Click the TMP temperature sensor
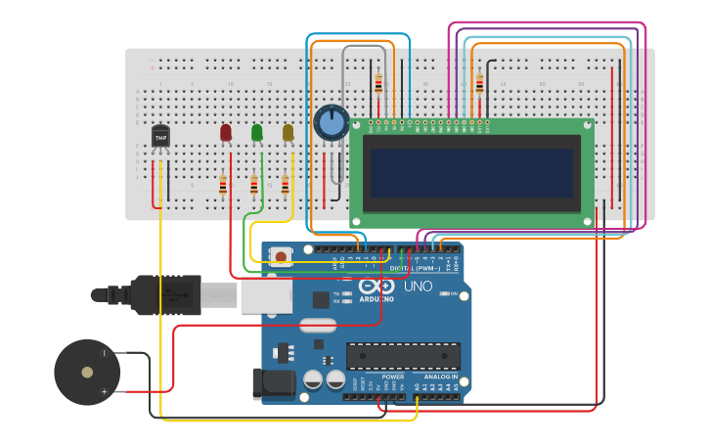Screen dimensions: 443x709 click(x=160, y=139)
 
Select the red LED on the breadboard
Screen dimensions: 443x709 click(x=226, y=132)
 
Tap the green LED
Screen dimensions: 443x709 click(x=256, y=132)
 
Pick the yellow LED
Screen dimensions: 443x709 click(x=288, y=132)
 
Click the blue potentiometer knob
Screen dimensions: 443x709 click(x=332, y=122)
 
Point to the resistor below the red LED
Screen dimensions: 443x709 click(x=223, y=185)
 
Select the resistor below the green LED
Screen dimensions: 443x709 click(x=254, y=185)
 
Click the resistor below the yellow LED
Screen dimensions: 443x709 click(x=286, y=185)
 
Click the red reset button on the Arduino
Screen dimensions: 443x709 click(x=281, y=257)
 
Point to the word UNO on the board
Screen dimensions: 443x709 click(x=418, y=287)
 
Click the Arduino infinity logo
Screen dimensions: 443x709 click(x=376, y=287)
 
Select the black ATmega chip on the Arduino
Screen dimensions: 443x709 click(x=403, y=356)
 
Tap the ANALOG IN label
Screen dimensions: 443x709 click(x=440, y=377)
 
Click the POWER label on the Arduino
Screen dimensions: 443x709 click(x=393, y=377)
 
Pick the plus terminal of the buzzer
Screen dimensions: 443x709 click(x=105, y=391)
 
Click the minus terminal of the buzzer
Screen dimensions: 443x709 click(x=105, y=353)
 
